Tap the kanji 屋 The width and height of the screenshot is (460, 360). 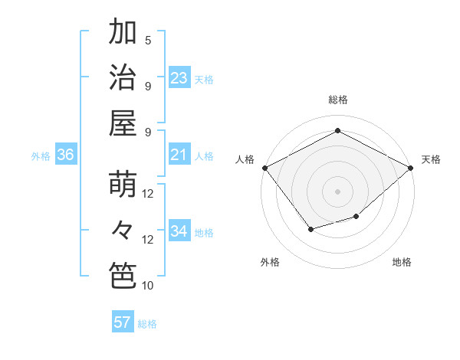(123, 123)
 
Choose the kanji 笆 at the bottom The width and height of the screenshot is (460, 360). (123, 276)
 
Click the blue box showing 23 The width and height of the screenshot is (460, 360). (179, 77)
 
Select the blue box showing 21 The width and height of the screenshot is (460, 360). (179, 155)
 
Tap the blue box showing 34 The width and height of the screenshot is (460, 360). (179, 231)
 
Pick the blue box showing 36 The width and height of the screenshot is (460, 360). (65, 155)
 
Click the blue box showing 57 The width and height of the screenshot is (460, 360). (123, 322)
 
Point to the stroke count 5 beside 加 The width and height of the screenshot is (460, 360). (148, 40)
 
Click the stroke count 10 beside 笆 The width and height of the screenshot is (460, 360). (148, 286)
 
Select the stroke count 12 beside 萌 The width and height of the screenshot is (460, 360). (148, 194)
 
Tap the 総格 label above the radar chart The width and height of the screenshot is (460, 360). (338, 100)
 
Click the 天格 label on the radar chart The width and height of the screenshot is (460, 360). (431, 159)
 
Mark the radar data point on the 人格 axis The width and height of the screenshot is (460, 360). (264, 167)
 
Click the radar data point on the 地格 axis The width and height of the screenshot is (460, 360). (356, 217)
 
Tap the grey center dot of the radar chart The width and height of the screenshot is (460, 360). (337, 191)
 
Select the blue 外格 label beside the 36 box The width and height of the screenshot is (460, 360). (41, 156)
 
